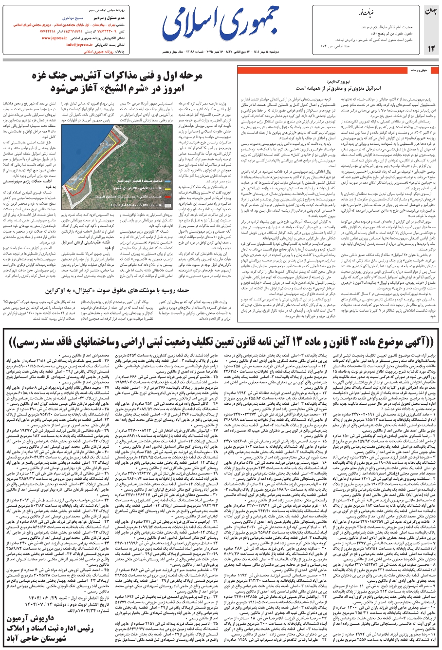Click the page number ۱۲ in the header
[x=431, y=47]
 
